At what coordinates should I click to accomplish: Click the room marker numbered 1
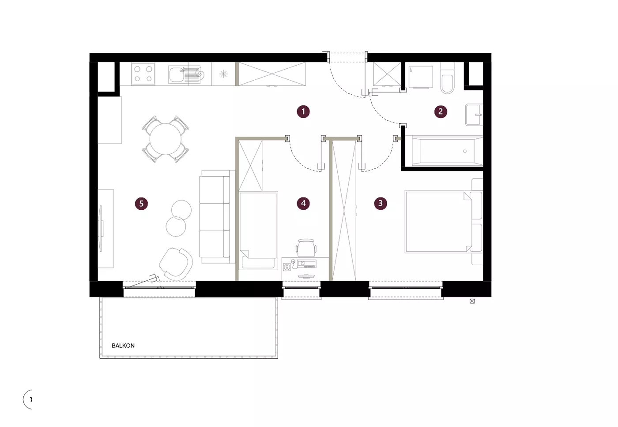tap(303, 111)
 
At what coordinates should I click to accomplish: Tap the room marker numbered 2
tap(441, 111)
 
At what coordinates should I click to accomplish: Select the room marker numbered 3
tap(381, 203)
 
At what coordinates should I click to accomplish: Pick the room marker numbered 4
tap(303, 203)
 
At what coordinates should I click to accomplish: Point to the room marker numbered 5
tap(141, 204)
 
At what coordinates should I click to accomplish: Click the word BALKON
tap(123, 346)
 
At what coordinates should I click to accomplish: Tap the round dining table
tap(165, 139)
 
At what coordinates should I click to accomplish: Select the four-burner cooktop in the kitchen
tap(143, 74)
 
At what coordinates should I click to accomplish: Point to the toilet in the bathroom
tap(447, 78)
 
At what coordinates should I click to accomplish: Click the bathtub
tap(447, 151)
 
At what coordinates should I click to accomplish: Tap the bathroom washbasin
tap(474, 115)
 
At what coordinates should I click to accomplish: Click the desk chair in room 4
tap(306, 248)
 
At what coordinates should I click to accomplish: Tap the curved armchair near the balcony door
tap(176, 264)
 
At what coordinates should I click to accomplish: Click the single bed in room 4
tap(258, 230)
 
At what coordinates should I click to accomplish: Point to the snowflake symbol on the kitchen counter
tap(223, 74)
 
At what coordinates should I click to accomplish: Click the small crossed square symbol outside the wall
tap(472, 301)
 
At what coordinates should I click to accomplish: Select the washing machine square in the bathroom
tap(421, 77)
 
